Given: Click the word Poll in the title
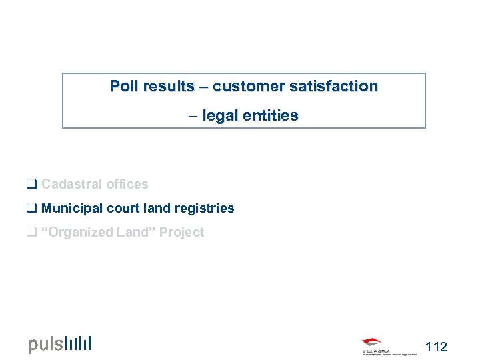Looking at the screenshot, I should coord(124,87).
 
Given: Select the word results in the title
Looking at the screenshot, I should coord(168,87).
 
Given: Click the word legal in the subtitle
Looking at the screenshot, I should coord(219,116).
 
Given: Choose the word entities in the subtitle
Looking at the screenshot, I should coord(271,116).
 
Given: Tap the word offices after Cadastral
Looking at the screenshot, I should coord(127,185).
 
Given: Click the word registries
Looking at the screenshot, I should coord(204,209).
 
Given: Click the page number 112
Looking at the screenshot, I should coord(436,347).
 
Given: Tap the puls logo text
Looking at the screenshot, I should coord(46,345).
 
